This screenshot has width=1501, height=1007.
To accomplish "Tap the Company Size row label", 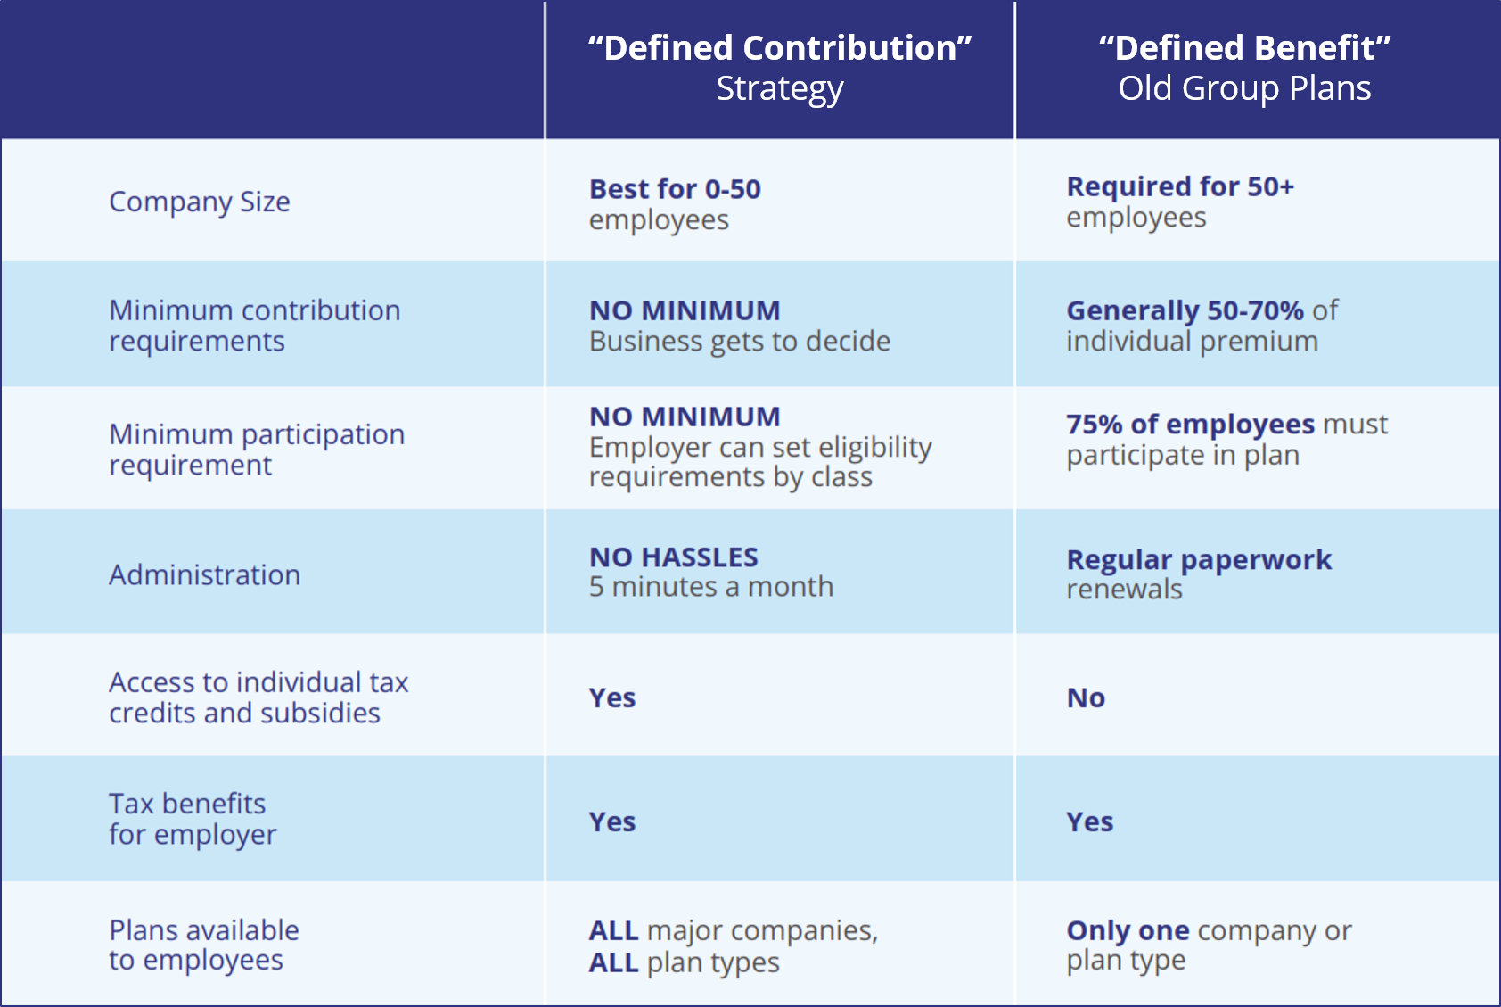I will tap(200, 202).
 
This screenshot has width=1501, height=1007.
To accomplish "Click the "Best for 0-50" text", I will tap(675, 189).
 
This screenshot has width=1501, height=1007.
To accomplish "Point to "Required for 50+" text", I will tap(1180, 186).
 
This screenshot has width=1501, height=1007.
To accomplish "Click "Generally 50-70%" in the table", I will tap(1185, 310).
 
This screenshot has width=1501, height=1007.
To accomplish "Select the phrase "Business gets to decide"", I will tap(740, 342).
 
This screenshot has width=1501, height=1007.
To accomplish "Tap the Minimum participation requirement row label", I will tap(257, 450).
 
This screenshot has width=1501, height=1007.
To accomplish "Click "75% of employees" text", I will tap(1190, 425).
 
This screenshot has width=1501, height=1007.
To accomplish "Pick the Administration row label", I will tap(205, 575).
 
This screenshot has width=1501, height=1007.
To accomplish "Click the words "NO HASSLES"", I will tap(674, 557).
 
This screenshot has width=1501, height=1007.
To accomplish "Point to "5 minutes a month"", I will tap(711, 587).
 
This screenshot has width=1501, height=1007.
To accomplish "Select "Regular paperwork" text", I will tap(1199, 560).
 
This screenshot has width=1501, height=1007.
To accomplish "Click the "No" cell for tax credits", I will tap(1086, 698).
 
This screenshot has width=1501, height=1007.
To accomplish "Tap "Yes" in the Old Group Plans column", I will tap(1089, 821).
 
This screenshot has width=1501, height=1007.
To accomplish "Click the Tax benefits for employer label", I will tap(193, 819).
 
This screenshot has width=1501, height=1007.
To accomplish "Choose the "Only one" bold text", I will tap(1128, 930).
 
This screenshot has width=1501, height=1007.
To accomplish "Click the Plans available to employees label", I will tap(204, 945).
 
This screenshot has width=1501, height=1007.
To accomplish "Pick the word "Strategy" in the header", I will tap(780, 89).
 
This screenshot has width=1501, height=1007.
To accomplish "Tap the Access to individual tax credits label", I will tap(258, 697).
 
